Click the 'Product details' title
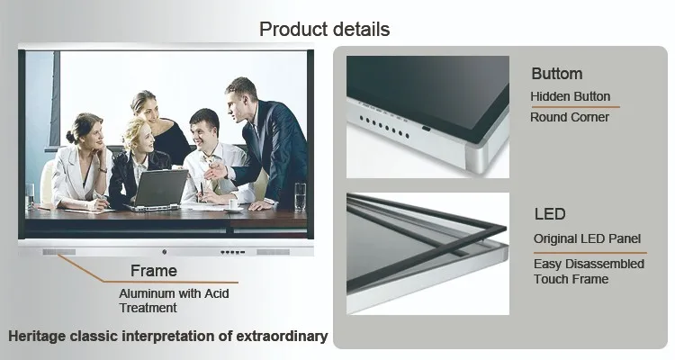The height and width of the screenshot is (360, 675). click(325, 30)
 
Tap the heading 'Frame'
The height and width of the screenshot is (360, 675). click(154, 271)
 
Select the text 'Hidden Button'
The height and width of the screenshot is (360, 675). click(571, 96)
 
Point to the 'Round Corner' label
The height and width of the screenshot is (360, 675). click(570, 117)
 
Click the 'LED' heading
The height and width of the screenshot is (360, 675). click(550, 214)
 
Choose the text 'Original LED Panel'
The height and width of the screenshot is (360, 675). click(587, 238)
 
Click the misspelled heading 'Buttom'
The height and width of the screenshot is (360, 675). click(557, 74)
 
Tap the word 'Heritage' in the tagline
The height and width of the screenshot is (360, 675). click(37, 337)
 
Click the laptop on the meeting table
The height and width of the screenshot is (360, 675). click(157, 190)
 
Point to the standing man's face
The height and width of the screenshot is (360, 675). click(238, 102)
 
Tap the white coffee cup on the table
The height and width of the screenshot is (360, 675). click(233, 203)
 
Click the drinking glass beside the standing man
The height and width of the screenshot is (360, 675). click(300, 197)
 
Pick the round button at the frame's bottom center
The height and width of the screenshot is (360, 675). click(165, 252)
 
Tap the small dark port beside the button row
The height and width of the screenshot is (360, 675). click(427, 129)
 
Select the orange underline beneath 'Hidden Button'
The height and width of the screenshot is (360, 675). click(575, 106)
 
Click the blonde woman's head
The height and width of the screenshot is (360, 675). click(139, 134)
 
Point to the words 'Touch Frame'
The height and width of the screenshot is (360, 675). click(571, 279)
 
